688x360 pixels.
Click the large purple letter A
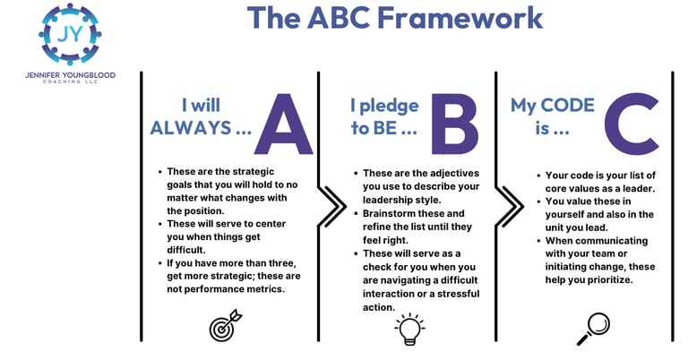click(x=283, y=126)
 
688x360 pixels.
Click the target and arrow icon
click(x=223, y=327)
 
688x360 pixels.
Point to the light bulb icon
click(x=408, y=329)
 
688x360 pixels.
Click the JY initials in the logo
click(x=69, y=33)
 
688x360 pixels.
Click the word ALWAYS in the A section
click(x=189, y=128)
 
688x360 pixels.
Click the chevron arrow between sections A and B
click(x=332, y=207)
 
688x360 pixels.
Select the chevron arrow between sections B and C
click(x=510, y=207)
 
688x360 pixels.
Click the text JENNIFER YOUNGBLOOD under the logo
click(x=70, y=75)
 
